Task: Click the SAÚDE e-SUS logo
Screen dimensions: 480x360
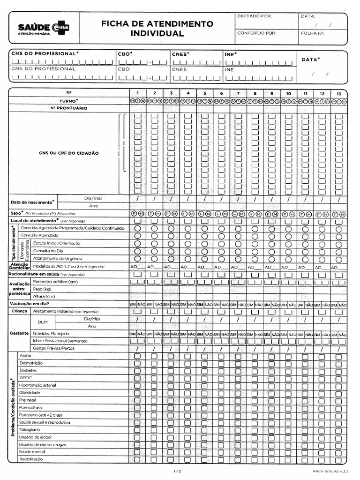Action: point(43,28)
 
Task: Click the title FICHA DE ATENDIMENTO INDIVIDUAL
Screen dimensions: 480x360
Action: point(157,29)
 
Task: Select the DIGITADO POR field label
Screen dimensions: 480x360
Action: point(254,16)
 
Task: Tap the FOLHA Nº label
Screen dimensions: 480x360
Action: point(313,33)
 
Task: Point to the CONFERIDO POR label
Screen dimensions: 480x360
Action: point(257,33)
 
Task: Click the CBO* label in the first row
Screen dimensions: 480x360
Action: point(125,54)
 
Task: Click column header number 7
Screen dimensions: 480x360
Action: point(238,93)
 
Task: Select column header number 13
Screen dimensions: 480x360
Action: point(338,93)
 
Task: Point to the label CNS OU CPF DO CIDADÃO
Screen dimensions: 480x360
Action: point(68,153)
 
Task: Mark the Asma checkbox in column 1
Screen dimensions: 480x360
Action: point(137,356)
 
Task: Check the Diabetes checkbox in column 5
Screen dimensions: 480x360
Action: point(204,371)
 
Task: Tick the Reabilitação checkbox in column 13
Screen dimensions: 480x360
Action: point(338,459)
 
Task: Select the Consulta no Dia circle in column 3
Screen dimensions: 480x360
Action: point(171,251)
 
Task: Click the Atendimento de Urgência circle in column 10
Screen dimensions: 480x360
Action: point(288,259)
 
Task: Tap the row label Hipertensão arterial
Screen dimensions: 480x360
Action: point(37,385)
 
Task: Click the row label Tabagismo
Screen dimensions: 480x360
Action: point(30,430)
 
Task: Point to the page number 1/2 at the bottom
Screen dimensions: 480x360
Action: point(177,470)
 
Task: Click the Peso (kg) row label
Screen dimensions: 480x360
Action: point(41,289)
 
